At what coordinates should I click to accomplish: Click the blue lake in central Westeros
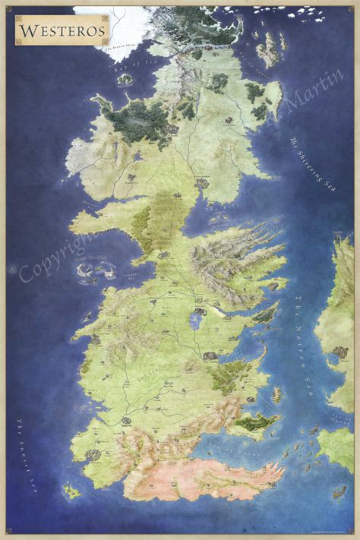point(195,321)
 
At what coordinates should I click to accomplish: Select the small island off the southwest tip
point(72,491)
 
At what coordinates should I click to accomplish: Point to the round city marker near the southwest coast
point(93,454)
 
